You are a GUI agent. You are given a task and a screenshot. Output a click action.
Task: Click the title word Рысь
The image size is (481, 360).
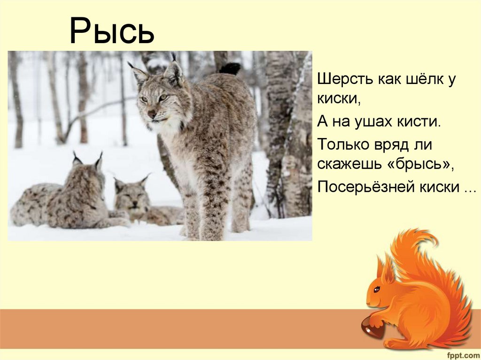click(x=112, y=32)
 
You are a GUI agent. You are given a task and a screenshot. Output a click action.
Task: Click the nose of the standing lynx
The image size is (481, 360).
click(x=152, y=114)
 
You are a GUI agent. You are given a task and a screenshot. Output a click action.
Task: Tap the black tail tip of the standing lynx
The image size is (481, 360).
click(x=230, y=69)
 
